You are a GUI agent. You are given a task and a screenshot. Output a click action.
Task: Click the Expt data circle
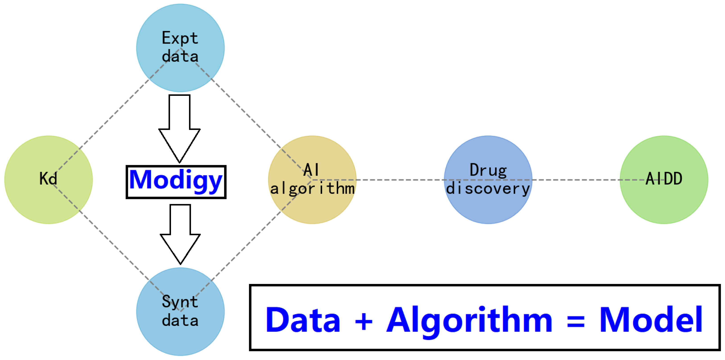coord(180,48)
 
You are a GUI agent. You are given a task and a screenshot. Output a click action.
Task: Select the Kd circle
coord(48,180)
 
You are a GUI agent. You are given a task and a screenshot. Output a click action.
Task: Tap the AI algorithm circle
coord(312,180)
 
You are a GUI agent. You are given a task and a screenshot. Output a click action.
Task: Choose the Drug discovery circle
coord(488,180)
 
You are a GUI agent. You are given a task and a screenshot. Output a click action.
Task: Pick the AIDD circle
coord(664,180)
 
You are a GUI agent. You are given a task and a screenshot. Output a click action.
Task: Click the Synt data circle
coord(180,311)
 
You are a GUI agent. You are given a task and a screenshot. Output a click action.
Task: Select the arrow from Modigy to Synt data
coord(180,234)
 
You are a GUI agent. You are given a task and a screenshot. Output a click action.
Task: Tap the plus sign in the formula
coord(364,321)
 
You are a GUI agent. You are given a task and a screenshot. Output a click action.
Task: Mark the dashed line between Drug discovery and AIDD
coord(576,180)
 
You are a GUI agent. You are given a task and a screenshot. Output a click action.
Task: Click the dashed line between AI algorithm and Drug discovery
coord(400,180)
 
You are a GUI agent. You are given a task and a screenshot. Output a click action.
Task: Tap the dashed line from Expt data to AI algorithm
coord(248,115)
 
